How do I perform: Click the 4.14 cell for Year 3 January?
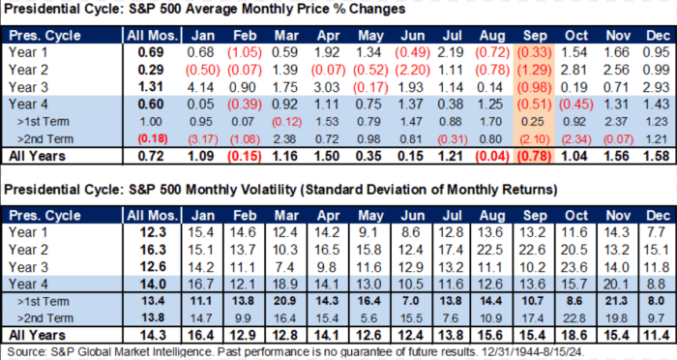click(200, 87)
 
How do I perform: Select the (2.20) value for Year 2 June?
click(412, 70)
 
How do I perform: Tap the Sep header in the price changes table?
click(535, 36)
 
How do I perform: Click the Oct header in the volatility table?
click(576, 216)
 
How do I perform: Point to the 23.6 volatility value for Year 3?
click(574, 267)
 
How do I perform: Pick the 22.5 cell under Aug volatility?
click(490, 251)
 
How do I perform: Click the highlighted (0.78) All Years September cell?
click(535, 156)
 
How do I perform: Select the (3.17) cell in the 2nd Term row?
click(202, 139)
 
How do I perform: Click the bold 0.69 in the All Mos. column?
click(151, 52)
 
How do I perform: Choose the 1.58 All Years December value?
click(657, 156)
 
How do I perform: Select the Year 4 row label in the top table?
click(28, 105)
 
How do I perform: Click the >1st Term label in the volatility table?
click(43, 302)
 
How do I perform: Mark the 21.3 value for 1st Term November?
click(616, 301)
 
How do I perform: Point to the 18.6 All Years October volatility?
click(574, 336)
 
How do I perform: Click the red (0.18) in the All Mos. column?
click(153, 139)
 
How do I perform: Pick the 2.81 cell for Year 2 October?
click(574, 70)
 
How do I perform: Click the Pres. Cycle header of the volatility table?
click(44, 216)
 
